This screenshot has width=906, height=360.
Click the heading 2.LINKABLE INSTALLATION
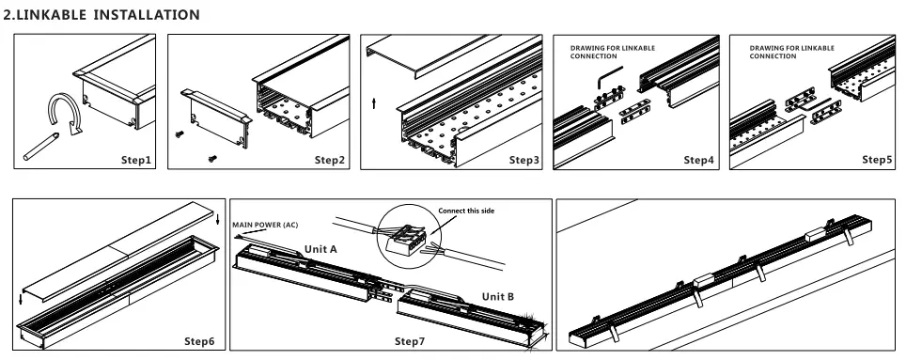click(x=102, y=15)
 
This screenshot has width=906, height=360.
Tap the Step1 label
click(x=136, y=160)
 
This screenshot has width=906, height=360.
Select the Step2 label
click(x=330, y=160)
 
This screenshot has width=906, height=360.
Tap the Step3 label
click(x=524, y=160)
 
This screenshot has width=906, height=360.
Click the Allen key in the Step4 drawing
click(x=611, y=72)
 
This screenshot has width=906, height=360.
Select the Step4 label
click(x=698, y=160)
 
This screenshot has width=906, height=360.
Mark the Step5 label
click(x=878, y=160)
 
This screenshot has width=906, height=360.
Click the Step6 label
click(x=199, y=339)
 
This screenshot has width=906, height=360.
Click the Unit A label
click(x=320, y=249)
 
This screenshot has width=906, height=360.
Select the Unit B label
click(x=498, y=296)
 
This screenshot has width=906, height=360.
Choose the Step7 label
click(x=411, y=339)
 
